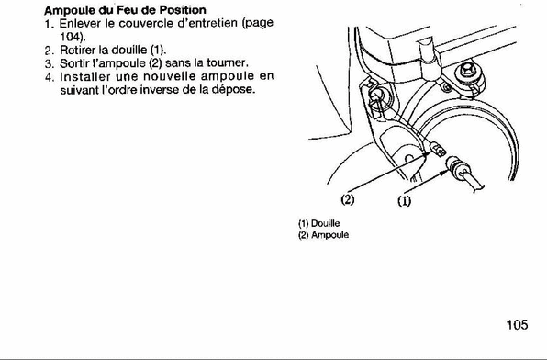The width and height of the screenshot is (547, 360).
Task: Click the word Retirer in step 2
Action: tap(73, 50)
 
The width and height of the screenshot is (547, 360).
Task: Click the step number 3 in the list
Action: tap(48, 64)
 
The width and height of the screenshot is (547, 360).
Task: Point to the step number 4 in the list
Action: tap(49, 77)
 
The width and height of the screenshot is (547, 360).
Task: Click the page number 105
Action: tap(517, 325)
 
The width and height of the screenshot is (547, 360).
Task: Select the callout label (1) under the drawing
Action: tap(405, 201)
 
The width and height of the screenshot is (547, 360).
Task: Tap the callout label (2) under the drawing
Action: tap(348, 199)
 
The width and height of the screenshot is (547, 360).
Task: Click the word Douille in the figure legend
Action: tap(325, 223)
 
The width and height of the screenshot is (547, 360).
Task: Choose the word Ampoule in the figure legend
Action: tap(330, 235)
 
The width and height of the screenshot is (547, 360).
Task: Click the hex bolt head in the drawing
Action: tap(466, 70)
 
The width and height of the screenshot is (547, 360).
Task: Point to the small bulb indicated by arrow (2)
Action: tap(438, 149)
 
